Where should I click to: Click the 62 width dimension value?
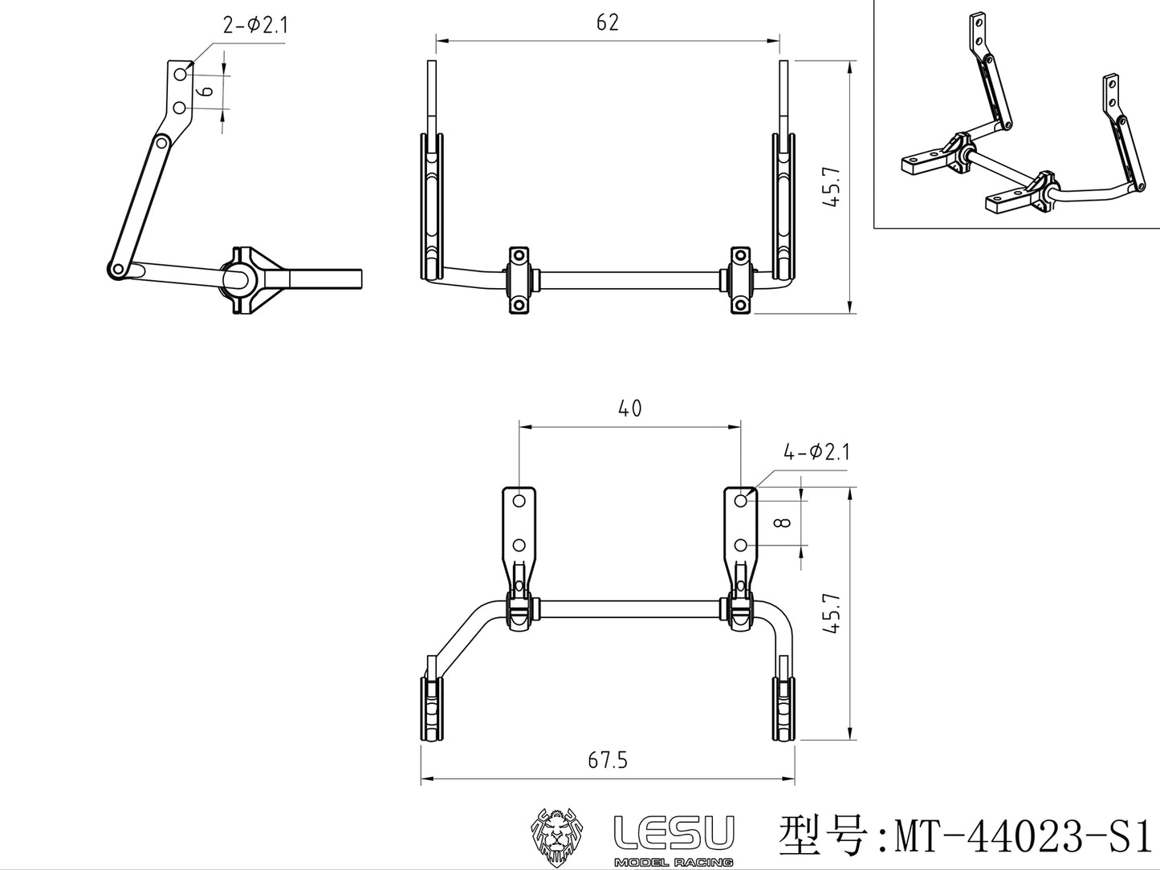(608, 22)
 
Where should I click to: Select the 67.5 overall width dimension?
(608, 760)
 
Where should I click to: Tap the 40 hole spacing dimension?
(630, 409)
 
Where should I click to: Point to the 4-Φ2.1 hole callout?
(816, 453)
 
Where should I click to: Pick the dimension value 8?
(785, 522)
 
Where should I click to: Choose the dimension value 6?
(206, 91)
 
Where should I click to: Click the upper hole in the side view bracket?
(181, 74)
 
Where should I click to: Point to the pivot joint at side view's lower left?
(117, 270)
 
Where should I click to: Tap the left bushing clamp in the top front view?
(519, 280)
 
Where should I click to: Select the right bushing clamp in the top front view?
(740, 280)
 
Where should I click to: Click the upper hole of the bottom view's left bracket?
(519, 501)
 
